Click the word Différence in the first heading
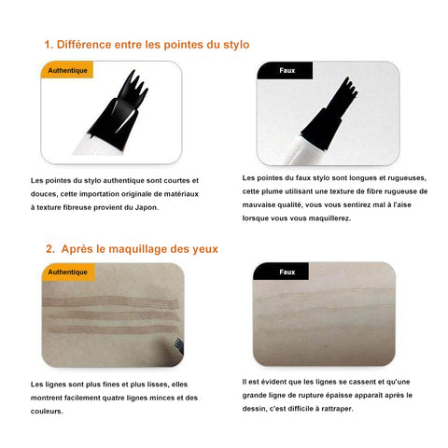[x=84, y=45]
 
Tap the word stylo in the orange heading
[x=236, y=45]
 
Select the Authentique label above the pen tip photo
[x=67, y=71]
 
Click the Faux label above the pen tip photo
[x=287, y=71]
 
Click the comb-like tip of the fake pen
[x=347, y=90]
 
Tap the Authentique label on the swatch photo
[x=67, y=273]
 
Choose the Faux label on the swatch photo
[x=287, y=273]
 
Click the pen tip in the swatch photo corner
[x=179, y=346]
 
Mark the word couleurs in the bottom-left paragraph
[x=47, y=412]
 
